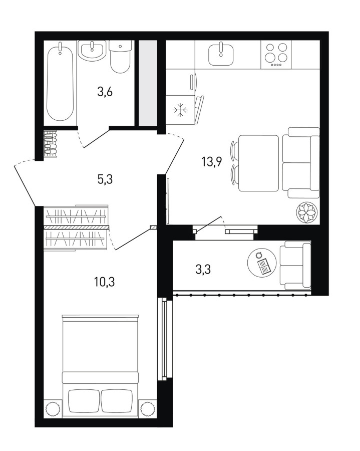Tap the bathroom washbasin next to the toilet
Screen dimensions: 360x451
92,50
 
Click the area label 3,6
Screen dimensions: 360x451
105,93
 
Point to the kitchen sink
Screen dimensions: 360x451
221,54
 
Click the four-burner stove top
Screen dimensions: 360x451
276,54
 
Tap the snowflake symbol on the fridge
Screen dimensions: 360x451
180,110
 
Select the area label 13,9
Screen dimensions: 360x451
212,162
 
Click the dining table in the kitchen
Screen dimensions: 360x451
258,163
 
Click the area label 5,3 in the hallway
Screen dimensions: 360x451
105,179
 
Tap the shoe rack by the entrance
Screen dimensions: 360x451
51,144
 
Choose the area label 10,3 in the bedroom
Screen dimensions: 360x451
105,282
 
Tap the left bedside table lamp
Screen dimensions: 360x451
53,408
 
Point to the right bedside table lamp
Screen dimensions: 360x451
148,408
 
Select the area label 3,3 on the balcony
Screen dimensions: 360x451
203,270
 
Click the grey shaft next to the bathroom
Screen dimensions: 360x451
148,83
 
